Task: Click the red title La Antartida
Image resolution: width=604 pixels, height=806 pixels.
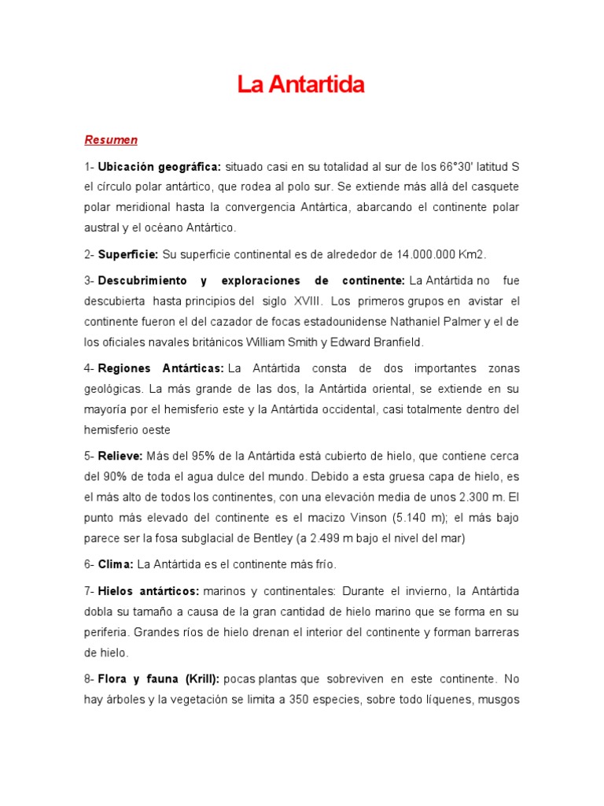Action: pyautogui.click(x=301, y=85)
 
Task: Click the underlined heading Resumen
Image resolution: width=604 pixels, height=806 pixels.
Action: pyautogui.click(x=111, y=140)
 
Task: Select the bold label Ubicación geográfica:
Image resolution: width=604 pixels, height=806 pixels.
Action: pyautogui.click(x=160, y=167)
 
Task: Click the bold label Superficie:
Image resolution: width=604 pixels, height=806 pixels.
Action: pyautogui.click(x=128, y=254)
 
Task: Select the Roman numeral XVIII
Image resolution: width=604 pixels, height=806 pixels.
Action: pyautogui.click(x=307, y=301)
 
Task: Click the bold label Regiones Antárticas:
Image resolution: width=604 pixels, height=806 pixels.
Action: pyautogui.click(x=161, y=368)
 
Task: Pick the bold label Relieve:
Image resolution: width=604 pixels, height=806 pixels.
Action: pyautogui.click(x=120, y=457)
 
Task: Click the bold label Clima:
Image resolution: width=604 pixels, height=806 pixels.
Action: pyautogui.click(x=116, y=564)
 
